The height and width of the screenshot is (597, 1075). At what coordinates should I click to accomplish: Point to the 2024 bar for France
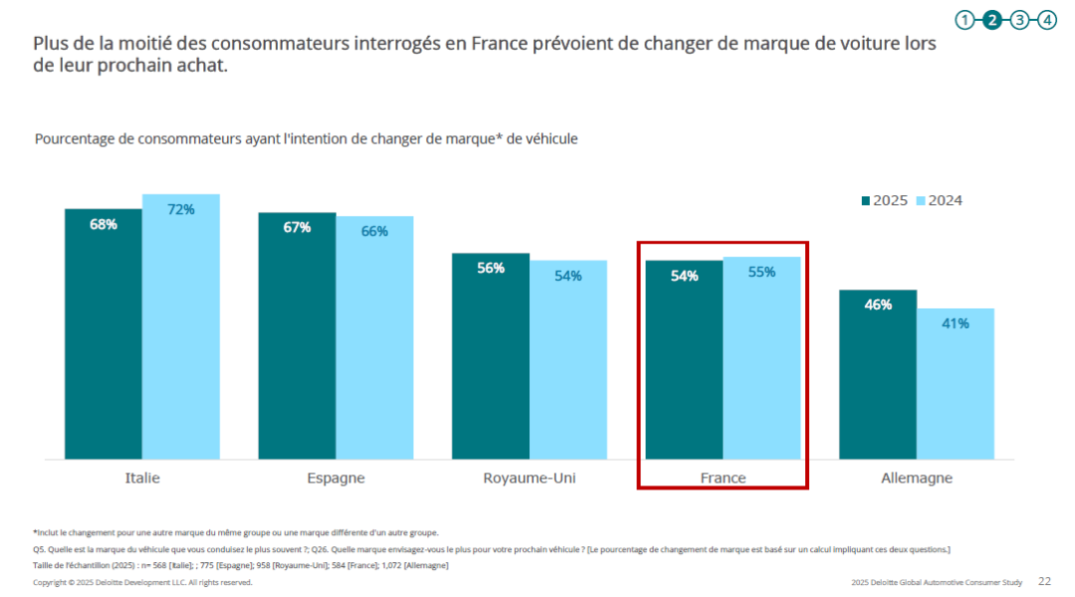pyautogui.click(x=761, y=358)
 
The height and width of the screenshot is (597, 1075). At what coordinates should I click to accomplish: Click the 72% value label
pyautogui.click(x=180, y=209)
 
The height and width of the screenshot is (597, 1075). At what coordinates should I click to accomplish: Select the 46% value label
pyautogui.click(x=877, y=305)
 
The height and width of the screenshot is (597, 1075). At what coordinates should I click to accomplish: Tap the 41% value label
pyautogui.click(x=955, y=323)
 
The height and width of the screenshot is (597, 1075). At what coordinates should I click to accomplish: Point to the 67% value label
pyautogui.click(x=297, y=227)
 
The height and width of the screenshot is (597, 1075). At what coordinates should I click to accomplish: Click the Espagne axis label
pyautogui.click(x=335, y=478)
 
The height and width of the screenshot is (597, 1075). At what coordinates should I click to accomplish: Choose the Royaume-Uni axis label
pyautogui.click(x=530, y=478)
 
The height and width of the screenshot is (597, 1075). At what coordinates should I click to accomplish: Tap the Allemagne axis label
pyautogui.click(x=916, y=478)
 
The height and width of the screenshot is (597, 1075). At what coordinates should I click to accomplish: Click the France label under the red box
pyautogui.click(x=723, y=478)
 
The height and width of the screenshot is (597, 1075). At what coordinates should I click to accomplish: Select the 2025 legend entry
pyautogui.click(x=885, y=200)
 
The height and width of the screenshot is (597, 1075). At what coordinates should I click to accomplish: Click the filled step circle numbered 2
pyautogui.click(x=992, y=19)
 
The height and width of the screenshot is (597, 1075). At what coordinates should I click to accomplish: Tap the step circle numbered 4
pyautogui.click(x=1046, y=19)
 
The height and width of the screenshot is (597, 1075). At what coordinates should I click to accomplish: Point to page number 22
pyautogui.click(x=1044, y=581)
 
